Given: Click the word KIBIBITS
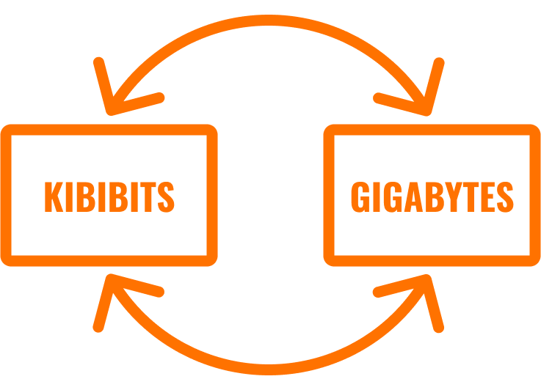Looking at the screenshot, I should tap(109, 196).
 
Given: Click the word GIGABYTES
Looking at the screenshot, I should tap(432, 196).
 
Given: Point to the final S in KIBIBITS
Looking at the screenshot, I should tap(166, 196).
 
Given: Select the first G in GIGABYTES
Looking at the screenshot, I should tap(360, 196).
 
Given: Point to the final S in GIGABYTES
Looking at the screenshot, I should tap(504, 196).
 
